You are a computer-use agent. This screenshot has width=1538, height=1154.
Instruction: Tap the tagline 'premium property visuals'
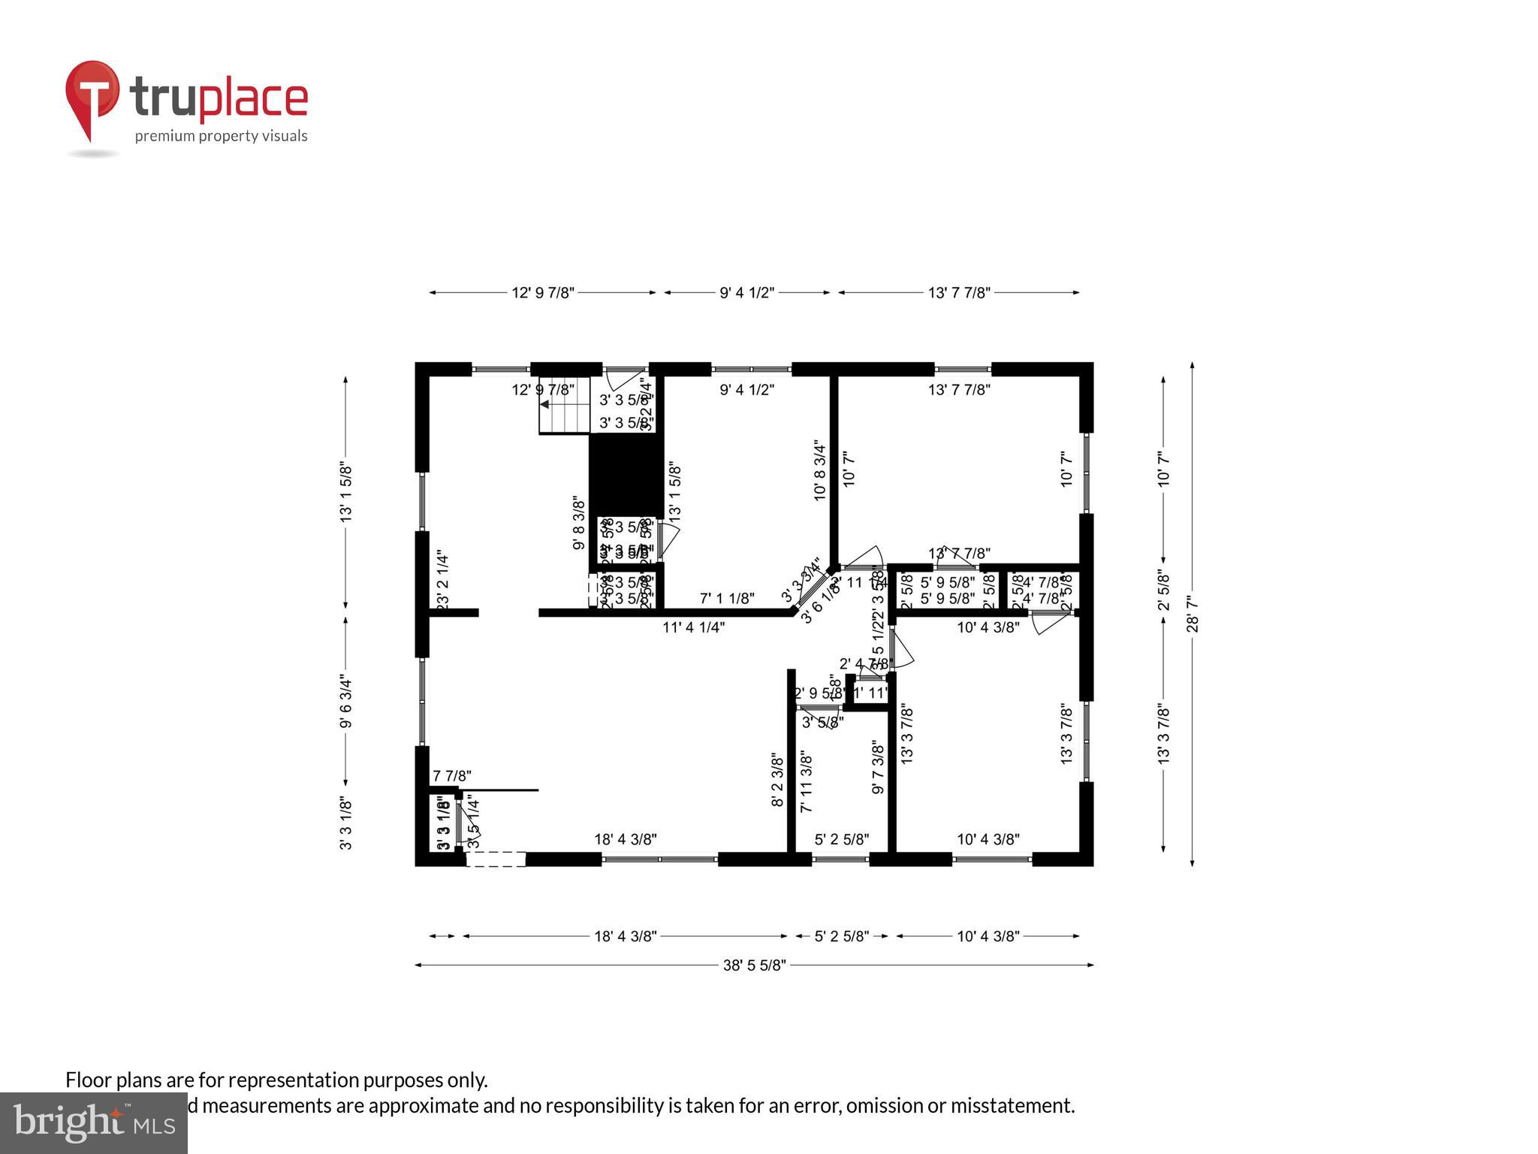pyautogui.click(x=221, y=136)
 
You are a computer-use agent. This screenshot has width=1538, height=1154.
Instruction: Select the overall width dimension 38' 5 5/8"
pyautogui.click(x=754, y=965)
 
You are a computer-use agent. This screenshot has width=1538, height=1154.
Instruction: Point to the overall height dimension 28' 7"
pyautogui.click(x=1193, y=614)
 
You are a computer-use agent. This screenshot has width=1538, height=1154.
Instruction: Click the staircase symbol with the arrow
pyautogui.click(x=564, y=415)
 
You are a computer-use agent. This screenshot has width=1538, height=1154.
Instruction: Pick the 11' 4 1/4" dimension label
pyautogui.click(x=693, y=627)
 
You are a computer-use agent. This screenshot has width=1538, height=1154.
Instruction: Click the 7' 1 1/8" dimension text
pyautogui.click(x=727, y=599)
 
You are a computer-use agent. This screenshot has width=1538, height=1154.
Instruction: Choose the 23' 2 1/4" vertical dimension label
pyautogui.click(x=442, y=581)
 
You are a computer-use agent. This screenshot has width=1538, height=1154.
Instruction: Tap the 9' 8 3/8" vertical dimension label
pyautogui.click(x=579, y=523)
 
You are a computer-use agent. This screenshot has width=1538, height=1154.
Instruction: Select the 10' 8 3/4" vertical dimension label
pyautogui.click(x=819, y=470)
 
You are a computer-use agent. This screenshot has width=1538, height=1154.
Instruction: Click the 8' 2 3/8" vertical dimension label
pyautogui.click(x=777, y=781)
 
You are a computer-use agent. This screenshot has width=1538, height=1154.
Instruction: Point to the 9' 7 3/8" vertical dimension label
pyautogui.click(x=877, y=768)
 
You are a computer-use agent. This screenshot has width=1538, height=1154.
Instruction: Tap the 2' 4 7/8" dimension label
pyautogui.click(x=864, y=663)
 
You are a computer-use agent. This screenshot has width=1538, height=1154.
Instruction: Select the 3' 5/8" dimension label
pyautogui.click(x=822, y=723)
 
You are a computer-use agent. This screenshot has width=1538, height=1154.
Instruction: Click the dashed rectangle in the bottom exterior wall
pyautogui.click(x=496, y=859)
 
